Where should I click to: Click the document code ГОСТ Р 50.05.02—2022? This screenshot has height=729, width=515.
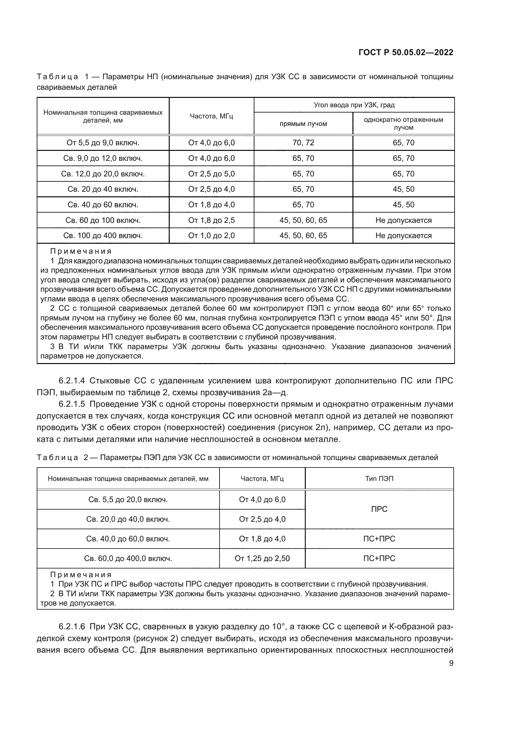tap(406, 52)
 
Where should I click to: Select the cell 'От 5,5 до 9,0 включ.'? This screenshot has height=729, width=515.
tap(103, 143)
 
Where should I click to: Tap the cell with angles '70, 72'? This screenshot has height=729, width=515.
tap(303, 143)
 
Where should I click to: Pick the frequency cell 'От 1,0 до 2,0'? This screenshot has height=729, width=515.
tap(211, 236)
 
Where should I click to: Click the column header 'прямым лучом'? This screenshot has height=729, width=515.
tap(303, 124)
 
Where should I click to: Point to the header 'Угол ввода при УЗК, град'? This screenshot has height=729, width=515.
tap(354, 105)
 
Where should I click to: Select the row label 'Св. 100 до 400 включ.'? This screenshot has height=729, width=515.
tap(103, 236)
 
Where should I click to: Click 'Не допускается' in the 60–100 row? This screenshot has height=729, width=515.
tap(403, 220)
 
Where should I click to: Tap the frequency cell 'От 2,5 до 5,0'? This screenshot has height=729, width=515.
tap(211, 174)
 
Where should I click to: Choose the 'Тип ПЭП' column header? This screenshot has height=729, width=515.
tap(379, 478)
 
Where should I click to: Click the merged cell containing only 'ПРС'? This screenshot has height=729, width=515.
tap(379, 509)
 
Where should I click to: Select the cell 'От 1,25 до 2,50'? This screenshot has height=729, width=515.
tap(262, 559)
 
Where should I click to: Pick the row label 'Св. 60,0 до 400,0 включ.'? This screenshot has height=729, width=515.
tap(128, 559)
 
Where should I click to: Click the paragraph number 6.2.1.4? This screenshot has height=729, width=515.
tap(72, 381)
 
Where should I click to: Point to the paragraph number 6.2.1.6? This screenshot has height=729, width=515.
tap(72, 627)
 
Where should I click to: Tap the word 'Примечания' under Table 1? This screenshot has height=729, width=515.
tap(81, 252)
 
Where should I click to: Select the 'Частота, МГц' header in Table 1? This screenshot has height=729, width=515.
tap(211, 116)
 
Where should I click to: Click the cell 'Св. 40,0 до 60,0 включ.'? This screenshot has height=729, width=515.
tap(128, 539)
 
